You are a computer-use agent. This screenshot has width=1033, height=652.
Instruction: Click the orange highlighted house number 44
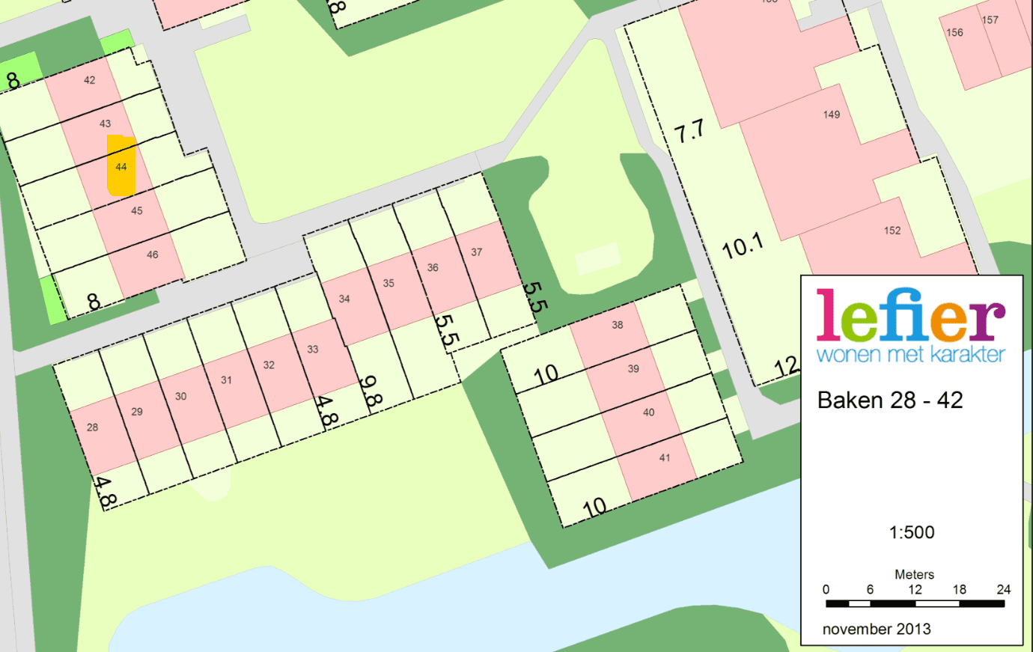[x=121, y=167]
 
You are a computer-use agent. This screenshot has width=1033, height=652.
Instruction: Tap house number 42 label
[x=90, y=80]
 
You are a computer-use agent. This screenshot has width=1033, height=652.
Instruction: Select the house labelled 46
[x=153, y=255]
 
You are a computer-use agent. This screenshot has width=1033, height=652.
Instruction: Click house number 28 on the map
[x=92, y=427]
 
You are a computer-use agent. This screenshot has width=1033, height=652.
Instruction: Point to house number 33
[x=313, y=350]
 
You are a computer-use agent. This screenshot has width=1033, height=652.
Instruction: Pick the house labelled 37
[x=477, y=252]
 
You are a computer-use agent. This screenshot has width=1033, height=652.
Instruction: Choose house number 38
[x=618, y=325]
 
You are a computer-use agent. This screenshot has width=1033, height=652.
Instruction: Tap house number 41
[x=665, y=457]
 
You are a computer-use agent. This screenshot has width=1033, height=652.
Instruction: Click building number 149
[x=832, y=115]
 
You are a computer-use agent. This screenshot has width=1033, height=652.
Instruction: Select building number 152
[x=892, y=231]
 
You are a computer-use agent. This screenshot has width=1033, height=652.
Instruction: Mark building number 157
[x=990, y=20]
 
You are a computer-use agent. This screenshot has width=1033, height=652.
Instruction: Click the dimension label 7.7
[x=689, y=132]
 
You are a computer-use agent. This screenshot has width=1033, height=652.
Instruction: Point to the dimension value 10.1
[x=743, y=246]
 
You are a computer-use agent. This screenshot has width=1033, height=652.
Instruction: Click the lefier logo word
[x=910, y=316]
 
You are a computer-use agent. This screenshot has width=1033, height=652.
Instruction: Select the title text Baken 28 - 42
[x=890, y=400]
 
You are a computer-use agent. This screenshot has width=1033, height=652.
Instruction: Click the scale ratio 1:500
[x=912, y=532]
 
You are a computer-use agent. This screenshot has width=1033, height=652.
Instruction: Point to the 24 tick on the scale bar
[x=1004, y=590]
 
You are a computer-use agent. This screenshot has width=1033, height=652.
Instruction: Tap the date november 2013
[x=877, y=629]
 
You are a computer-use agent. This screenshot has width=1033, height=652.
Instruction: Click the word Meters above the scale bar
[x=914, y=574]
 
